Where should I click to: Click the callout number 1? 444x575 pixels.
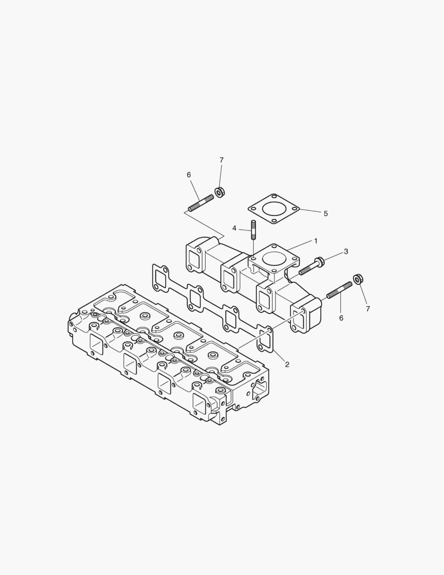coord(315,241)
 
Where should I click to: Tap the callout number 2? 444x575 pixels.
coord(287,365)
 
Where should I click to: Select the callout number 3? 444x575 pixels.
coord(346,251)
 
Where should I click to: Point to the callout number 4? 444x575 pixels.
coord(234,228)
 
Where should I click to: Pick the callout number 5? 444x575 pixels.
coord(325,213)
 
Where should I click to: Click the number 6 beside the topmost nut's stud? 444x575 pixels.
coord(188,175)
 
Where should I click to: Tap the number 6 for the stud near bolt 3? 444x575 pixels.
coord(341,318)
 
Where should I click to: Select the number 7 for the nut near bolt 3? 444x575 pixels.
coord(367,309)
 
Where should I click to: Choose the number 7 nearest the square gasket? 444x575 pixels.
coord(221,160)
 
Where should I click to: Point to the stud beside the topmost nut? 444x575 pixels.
coord(200,203)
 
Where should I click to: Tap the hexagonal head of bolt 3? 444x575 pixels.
coord(320,262)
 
